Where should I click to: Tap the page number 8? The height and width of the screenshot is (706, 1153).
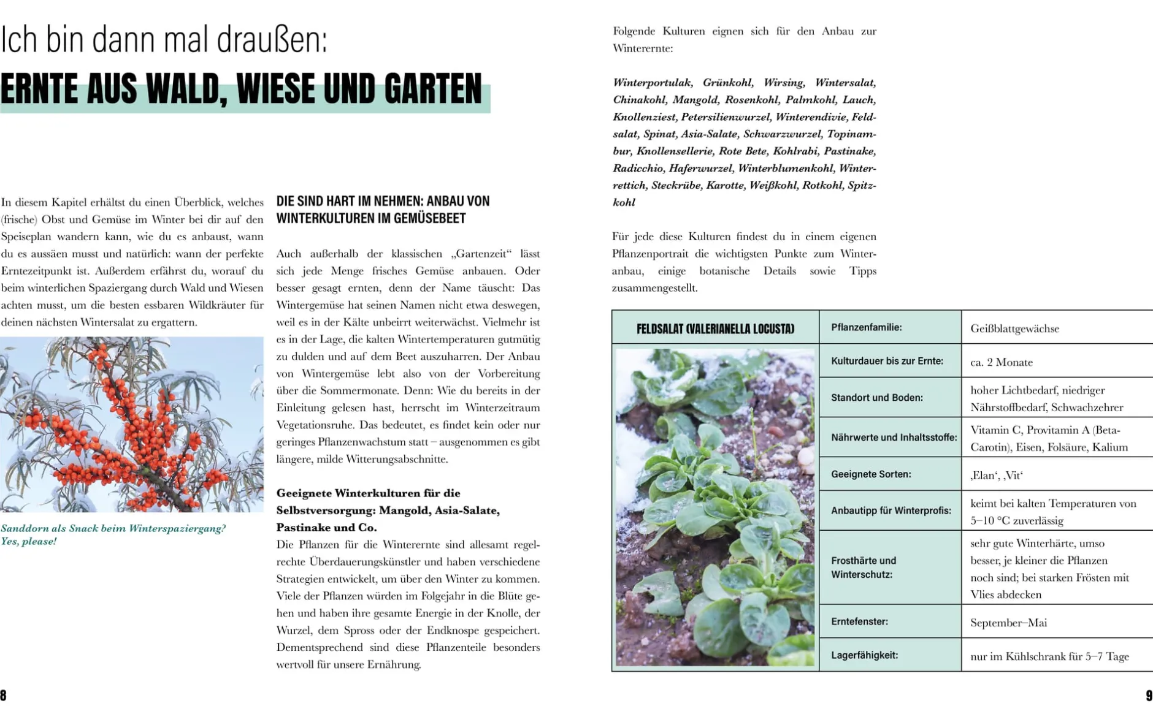click(x=4, y=695)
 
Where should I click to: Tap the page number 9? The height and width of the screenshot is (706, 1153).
click(x=1149, y=695)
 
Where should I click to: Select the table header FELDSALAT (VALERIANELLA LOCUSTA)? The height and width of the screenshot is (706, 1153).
click(x=715, y=329)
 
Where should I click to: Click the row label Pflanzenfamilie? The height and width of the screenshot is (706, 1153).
click(x=866, y=327)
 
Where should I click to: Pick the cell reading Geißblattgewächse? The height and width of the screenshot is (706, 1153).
click(x=1014, y=328)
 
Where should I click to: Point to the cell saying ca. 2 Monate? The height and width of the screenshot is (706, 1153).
click(x=1001, y=362)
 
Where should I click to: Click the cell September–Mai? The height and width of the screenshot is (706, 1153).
click(x=1008, y=623)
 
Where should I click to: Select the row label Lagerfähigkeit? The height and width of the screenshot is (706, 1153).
click(x=864, y=655)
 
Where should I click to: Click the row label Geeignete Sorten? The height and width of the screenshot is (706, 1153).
click(x=871, y=474)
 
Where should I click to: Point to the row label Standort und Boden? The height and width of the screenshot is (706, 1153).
click(x=876, y=398)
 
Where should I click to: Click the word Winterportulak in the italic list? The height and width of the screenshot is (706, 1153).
click(x=653, y=83)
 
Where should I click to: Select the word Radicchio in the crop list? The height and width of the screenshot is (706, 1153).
click(x=637, y=169)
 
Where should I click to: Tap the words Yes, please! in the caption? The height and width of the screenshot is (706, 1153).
click(x=29, y=542)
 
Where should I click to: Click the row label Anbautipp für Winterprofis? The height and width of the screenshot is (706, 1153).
click(x=891, y=511)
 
